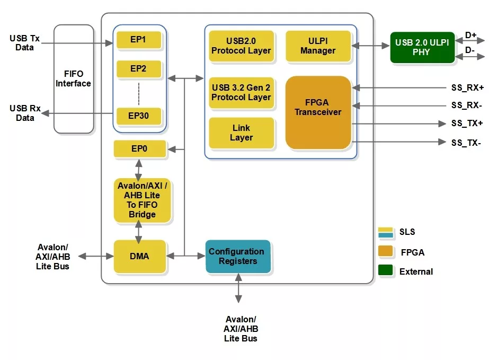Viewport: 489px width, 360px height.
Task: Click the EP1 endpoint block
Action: coord(139,40)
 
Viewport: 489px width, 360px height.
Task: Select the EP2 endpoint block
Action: coord(139,69)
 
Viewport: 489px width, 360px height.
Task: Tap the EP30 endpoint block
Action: coord(139,116)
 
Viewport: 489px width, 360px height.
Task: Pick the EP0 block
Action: coord(139,150)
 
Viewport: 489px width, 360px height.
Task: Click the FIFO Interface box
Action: coord(74,78)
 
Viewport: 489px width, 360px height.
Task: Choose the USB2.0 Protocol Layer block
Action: coord(241,46)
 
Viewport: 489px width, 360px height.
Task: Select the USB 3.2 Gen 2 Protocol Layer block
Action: coord(241,92)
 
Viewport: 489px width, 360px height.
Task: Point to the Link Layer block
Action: coord(242,133)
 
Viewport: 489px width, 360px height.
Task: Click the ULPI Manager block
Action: coord(318,46)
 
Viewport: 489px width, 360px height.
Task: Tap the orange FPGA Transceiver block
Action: coord(318,112)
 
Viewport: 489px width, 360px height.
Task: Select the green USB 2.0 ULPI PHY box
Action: coord(422,48)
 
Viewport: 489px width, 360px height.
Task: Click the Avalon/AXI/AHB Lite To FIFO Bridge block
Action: coord(142,200)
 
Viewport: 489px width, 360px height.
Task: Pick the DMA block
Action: coord(139,256)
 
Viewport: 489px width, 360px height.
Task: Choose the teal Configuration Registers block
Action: coord(238,256)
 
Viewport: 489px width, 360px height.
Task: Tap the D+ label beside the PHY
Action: coord(470,36)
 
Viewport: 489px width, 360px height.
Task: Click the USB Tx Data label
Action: coord(24,43)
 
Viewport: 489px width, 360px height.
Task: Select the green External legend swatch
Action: coord(385,270)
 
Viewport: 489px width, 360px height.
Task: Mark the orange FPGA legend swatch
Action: coord(385,251)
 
